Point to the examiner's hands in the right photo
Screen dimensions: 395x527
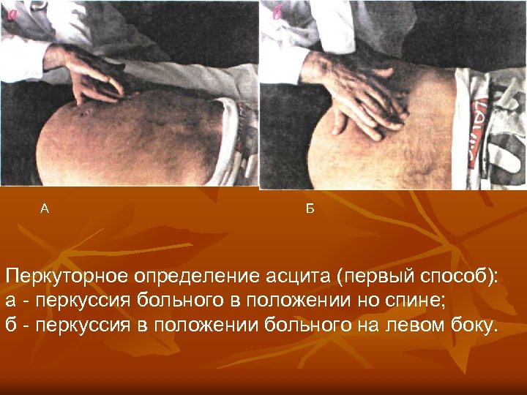[x=359, y=95]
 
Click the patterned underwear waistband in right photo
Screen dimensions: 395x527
[x=483, y=110]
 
